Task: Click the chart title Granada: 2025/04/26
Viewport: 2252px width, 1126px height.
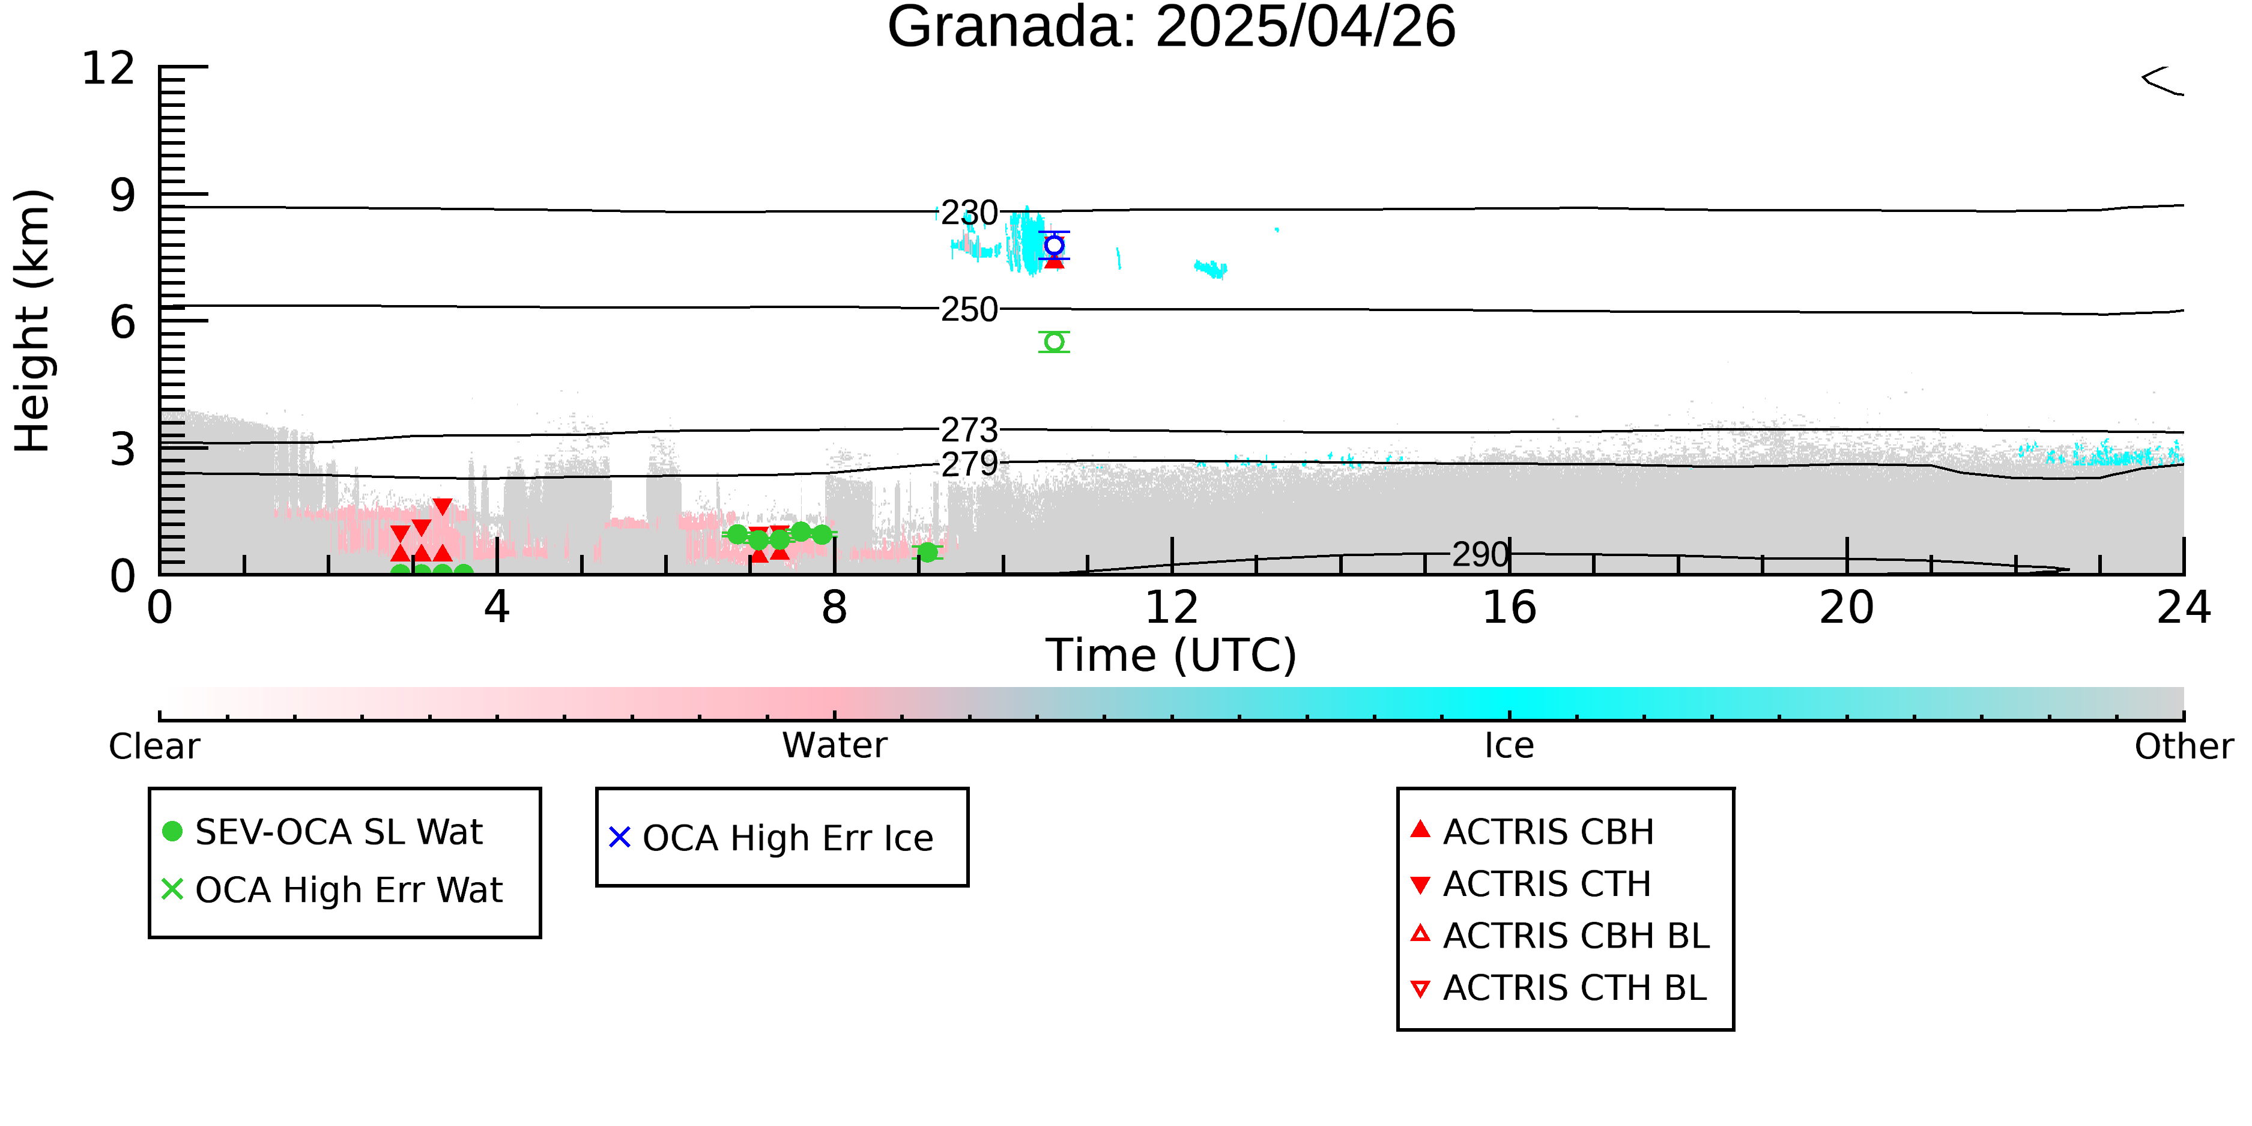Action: tap(1172, 26)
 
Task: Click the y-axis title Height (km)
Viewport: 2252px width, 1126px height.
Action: tap(32, 321)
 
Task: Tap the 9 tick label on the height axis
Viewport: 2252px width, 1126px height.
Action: tap(123, 195)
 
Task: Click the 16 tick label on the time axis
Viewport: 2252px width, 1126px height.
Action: tap(1509, 608)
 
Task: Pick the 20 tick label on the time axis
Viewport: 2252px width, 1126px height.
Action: tap(1847, 608)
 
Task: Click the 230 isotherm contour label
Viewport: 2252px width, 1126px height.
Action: tap(969, 213)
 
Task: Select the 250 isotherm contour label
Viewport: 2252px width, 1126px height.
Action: tap(969, 309)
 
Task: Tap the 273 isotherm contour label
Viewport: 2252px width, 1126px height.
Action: tap(969, 430)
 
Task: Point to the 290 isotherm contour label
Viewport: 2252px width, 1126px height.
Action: tap(1481, 554)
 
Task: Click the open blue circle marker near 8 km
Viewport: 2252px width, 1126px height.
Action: tap(1055, 245)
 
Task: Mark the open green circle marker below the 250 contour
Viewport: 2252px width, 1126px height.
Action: tap(1055, 342)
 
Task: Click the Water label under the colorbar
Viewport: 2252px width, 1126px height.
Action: tap(835, 746)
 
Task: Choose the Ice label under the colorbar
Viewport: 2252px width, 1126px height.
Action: tap(1509, 746)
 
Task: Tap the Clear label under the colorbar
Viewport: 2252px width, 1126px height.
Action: tap(155, 746)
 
